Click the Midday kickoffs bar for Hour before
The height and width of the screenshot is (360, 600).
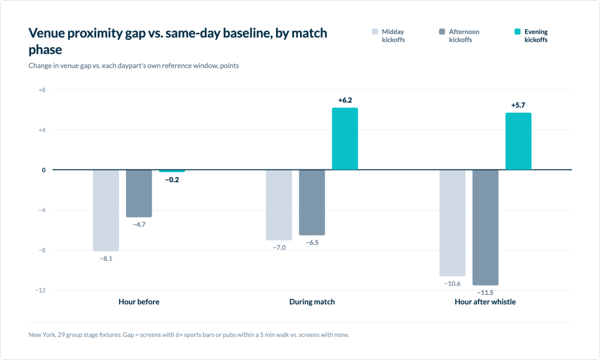click(x=106, y=210)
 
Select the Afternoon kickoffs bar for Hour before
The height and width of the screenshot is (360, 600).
click(x=139, y=193)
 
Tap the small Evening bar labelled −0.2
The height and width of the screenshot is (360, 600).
click(x=172, y=171)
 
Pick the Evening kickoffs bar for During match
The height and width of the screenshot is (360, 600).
click(x=345, y=138)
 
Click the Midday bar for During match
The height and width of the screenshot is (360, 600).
click(x=279, y=205)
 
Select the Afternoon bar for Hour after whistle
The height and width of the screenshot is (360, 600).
click(x=485, y=227)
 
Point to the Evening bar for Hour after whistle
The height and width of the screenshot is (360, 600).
click(x=518, y=141)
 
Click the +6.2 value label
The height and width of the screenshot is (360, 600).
click(x=345, y=100)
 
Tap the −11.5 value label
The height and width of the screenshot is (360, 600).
click(x=485, y=293)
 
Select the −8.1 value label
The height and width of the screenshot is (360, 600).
click(x=106, y=259)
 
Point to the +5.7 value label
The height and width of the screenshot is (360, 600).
click(x=518, y=105)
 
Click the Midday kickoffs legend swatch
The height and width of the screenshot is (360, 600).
click(x=375, y=32)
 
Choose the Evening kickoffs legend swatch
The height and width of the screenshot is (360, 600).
click(x=517, y=32)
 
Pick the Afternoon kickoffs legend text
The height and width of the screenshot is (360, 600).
click(x=464, y=36)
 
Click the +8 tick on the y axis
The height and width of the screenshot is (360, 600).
click(x=42, y=90)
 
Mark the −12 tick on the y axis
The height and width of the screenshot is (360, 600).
click(x=40, y=290)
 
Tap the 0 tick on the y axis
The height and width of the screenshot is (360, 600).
click(x=43, y=170)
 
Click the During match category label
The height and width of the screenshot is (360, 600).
click(x=312, y=302)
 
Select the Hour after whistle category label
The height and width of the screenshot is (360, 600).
click(x=485, y=302)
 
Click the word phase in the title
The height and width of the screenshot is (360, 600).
click(x=45, y=50)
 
